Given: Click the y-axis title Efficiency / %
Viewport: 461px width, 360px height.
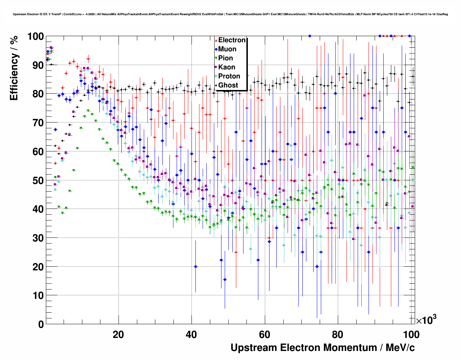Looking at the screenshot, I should click(14, 68).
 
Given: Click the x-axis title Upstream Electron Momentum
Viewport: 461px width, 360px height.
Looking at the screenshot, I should click(323, 348).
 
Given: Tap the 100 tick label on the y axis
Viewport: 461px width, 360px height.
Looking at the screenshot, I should click(35, 37).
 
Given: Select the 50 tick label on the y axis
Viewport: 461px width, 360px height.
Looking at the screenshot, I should click(38, 180).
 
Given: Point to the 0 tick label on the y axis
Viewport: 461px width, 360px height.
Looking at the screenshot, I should click(41, 324).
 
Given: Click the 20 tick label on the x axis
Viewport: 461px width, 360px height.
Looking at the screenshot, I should click(118, 335).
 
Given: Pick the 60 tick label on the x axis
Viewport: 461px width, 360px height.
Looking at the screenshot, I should click(265, 335).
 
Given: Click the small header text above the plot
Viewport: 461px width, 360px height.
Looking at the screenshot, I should click(231, 14).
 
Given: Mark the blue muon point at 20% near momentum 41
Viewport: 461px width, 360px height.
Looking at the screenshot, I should click(195, 266).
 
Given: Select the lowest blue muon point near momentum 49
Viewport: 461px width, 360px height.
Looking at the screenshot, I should click(225, 279).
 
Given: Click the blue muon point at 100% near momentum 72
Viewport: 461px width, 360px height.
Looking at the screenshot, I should click(310, 36).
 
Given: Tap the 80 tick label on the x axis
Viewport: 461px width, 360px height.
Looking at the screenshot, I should click(338, 335).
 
